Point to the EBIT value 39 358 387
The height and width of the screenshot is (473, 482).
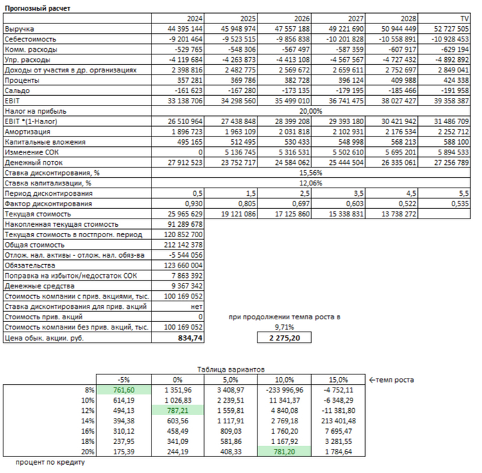[450, 100]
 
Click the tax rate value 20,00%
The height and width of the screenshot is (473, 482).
[311, 110]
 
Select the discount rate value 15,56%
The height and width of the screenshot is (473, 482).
[311, 172]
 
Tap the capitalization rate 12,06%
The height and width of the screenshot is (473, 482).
[311, 182]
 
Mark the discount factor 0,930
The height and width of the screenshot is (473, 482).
[192, 203]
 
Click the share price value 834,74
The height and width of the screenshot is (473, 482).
[190, 339]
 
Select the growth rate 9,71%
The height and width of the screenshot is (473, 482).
[284, 328]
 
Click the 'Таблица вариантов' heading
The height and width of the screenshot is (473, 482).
[230, 370]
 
